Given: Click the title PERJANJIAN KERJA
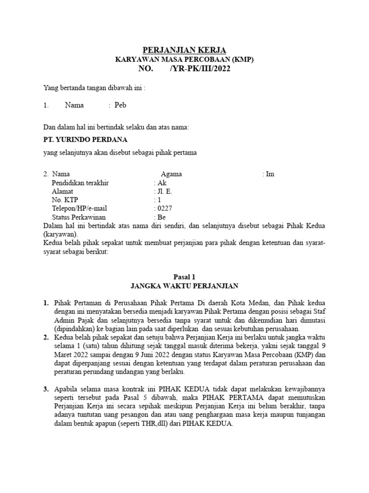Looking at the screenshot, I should (184, 50).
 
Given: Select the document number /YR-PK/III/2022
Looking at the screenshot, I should (200, 69).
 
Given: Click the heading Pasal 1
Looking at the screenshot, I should (184, 276).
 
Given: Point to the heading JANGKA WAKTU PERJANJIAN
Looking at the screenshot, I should (184, 286).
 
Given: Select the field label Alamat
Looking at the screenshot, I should (62, 191).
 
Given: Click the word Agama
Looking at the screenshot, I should (172, 174).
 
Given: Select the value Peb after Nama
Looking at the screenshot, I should (120, 105).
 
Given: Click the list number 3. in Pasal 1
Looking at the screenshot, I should (46, 389).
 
